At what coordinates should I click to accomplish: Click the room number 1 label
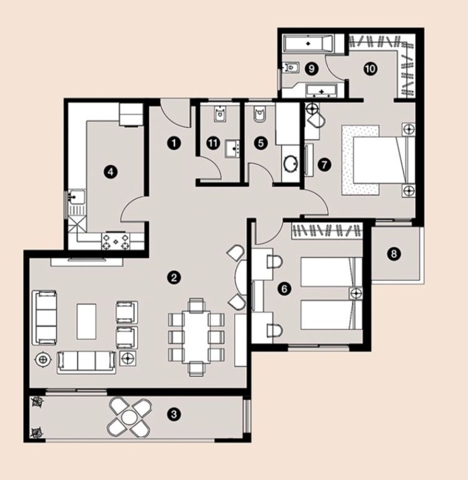click(174, 143)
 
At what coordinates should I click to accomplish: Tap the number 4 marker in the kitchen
click(111, 171)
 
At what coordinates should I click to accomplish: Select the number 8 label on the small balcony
click(394, 253)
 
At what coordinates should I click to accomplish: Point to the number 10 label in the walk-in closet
click(370, 69)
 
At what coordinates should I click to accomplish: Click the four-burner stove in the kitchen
click(115, 241)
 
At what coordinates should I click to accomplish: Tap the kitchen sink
click(76, 197)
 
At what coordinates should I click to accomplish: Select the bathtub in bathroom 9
click(308, 43)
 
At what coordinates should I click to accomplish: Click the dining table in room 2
click(197, 337)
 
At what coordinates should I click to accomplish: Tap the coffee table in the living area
click(86, 321)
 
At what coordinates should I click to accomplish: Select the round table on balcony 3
click(128, 417)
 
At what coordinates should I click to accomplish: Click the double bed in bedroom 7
click(378, 161)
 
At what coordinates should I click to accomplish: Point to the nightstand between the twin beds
click(355, 294)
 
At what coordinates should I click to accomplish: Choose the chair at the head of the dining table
click(196, 305)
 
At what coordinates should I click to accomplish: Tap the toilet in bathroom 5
click(260, 115)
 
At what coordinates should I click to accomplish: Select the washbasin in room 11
click(234, 149)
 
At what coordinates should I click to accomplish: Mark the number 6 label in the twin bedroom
click(284, 289)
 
